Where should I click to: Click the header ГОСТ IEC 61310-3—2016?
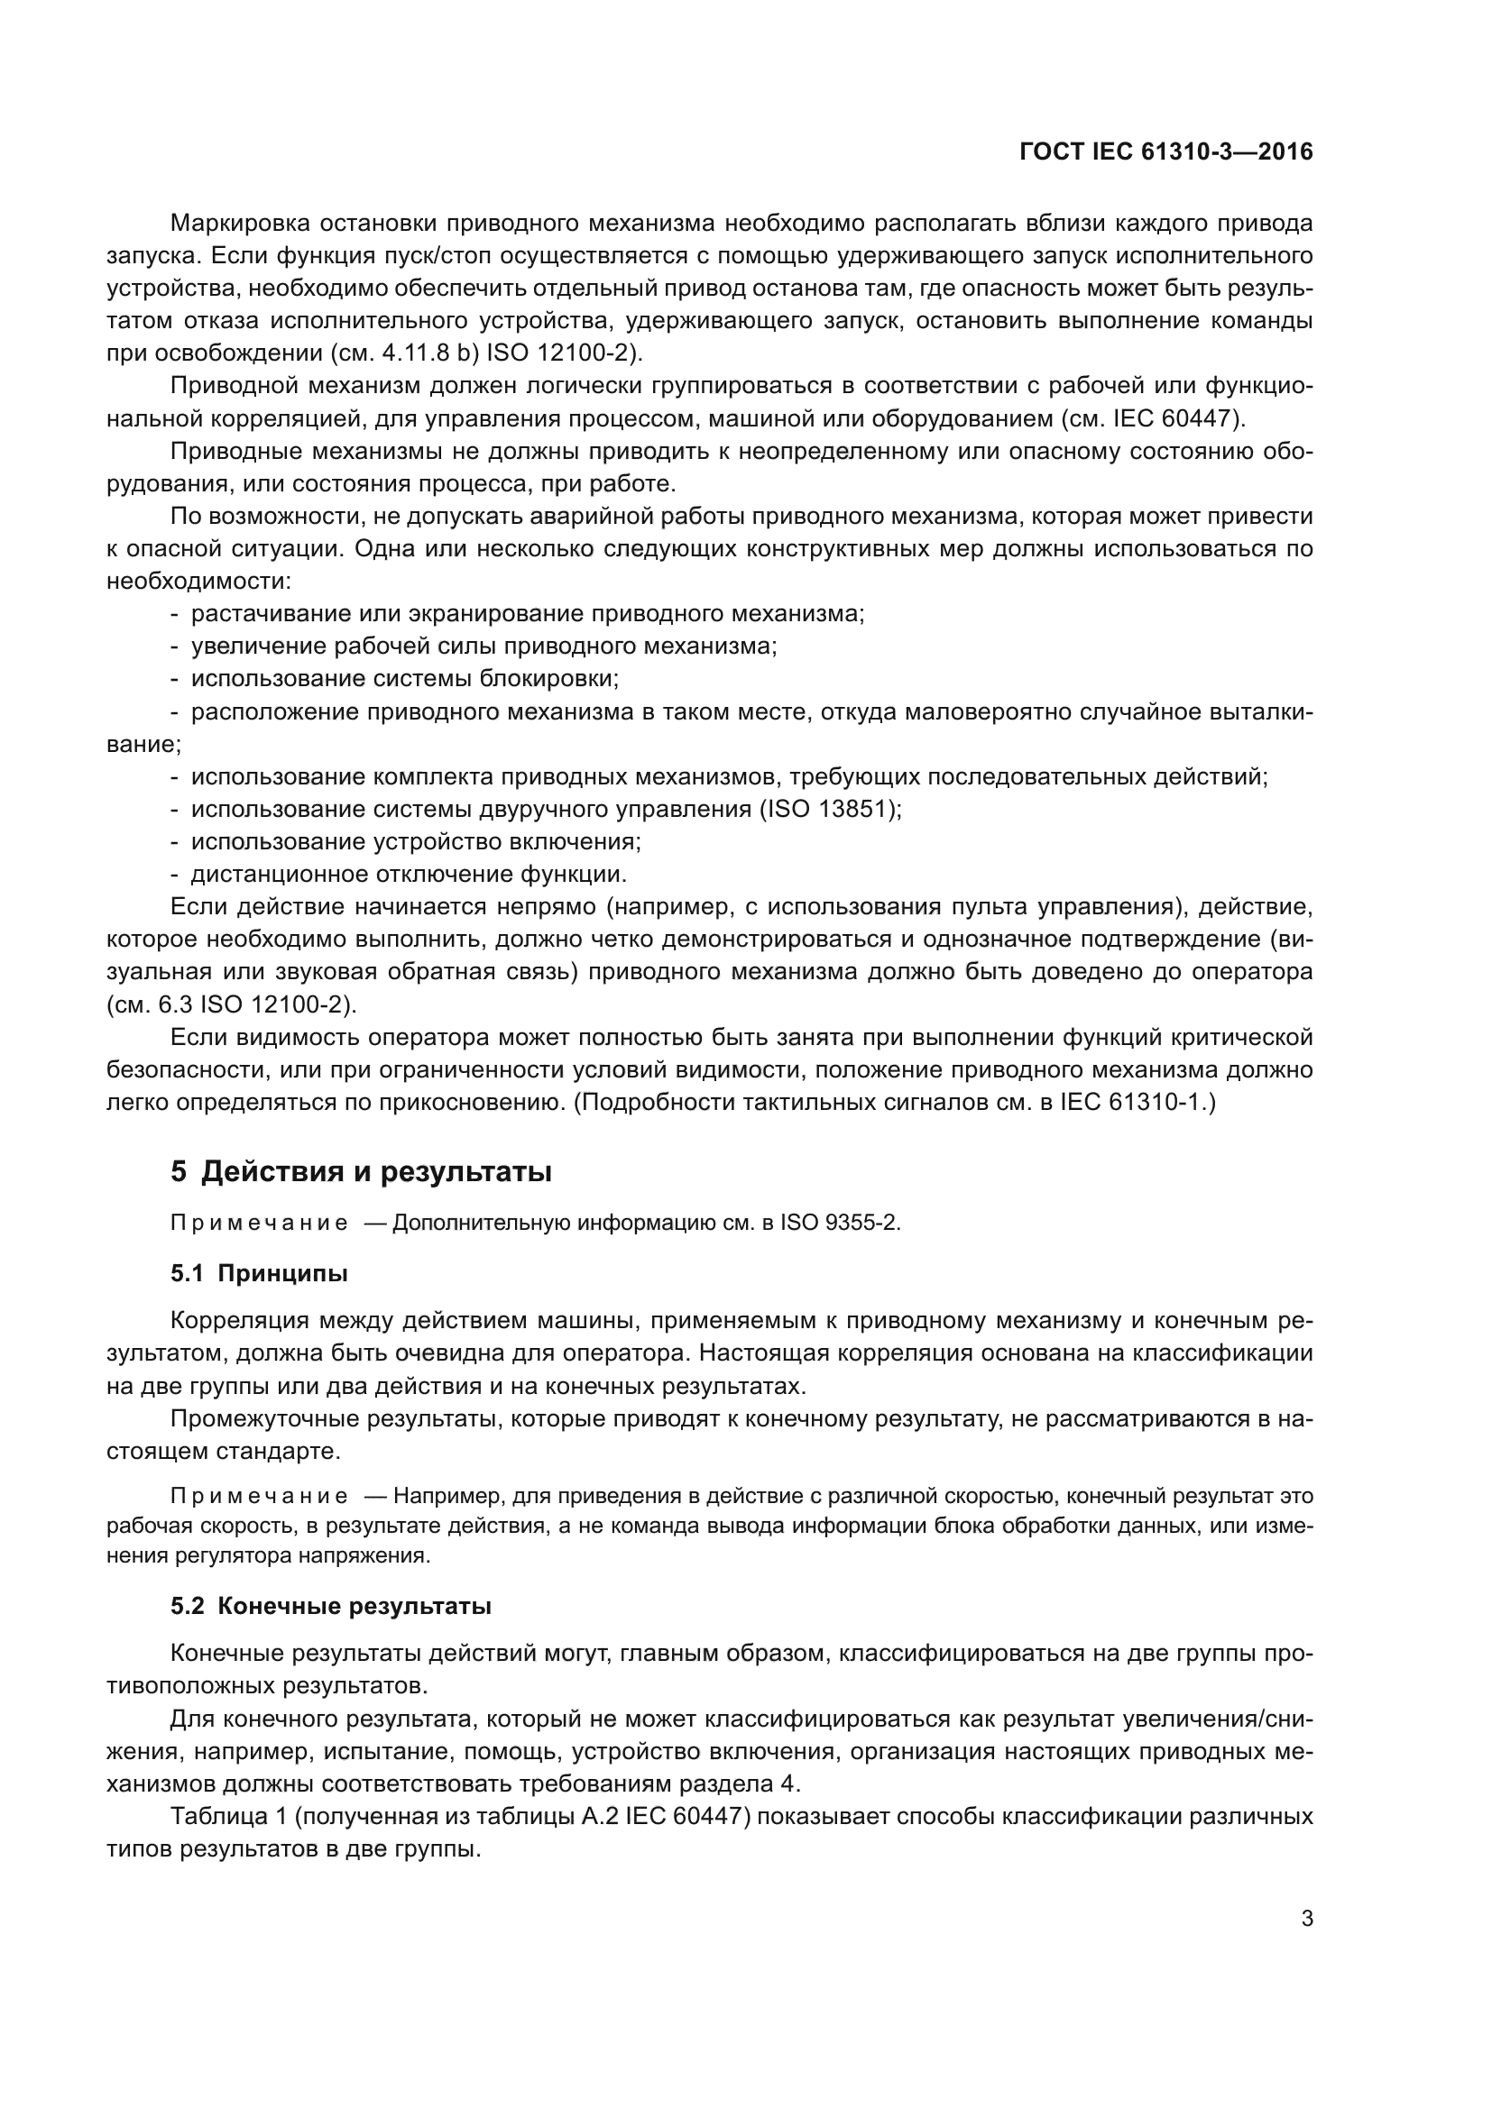1165,151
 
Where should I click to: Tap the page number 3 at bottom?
1306,1918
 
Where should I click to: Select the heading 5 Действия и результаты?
361,1172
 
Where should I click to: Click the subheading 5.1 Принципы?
259,1273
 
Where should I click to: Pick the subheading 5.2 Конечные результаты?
331,1606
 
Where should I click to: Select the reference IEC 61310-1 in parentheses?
1132,1102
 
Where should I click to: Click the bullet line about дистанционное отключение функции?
408,874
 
